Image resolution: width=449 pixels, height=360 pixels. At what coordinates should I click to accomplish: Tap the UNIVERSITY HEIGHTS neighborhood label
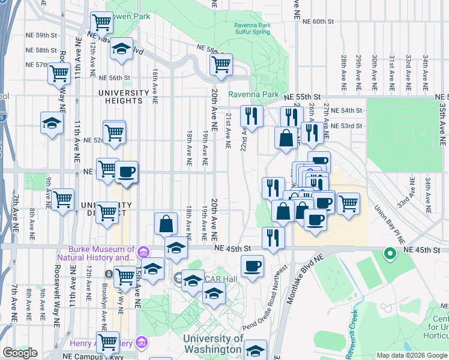pos(124,97)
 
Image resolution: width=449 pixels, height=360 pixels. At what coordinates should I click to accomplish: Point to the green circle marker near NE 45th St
pos(390,254)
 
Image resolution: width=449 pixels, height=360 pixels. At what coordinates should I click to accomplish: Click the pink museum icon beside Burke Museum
pos(142,250)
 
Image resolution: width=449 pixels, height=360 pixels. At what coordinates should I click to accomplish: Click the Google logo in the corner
pos(20,353)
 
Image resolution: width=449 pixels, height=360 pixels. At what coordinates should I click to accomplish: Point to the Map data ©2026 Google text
pos(412,355)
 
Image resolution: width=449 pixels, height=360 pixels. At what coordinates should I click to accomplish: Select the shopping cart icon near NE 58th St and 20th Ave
pos(221,64)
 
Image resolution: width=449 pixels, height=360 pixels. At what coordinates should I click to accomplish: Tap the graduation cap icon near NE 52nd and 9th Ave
pos(52,124)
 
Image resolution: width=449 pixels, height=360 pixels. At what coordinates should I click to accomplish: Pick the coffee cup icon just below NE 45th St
pos(252,266)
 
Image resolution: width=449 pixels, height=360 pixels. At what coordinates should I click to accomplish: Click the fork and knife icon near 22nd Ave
pos(252,116)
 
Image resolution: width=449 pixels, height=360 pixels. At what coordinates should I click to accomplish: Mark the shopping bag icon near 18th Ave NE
pos(166,224)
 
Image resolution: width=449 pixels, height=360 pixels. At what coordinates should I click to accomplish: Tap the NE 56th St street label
pos(115,78)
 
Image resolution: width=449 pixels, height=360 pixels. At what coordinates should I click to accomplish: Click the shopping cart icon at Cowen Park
pos(101,22)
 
